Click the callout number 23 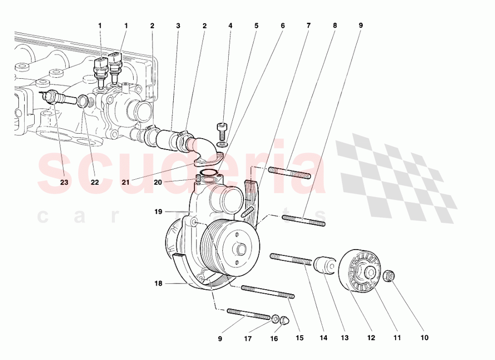[64, 182]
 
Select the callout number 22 [95, 182]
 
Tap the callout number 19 [158, 212]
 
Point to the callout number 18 [158, 284]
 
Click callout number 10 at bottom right [424, 338]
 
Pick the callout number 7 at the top [308, 25]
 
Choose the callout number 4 [230, 25]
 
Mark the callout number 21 [126, 182]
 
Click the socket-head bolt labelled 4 [222, 131]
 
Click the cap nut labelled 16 [284, 321]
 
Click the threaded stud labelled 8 [290, 173]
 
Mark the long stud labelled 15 [267, 292]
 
